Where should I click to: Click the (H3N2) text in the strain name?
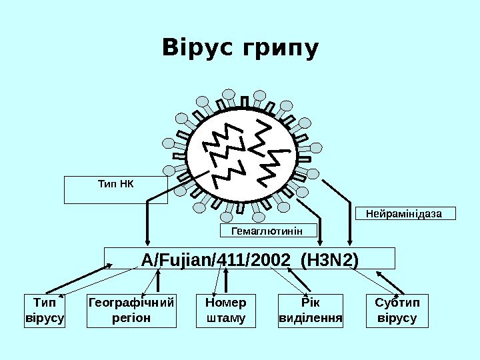tap(329, 258)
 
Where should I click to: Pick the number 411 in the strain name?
tap(231, 258)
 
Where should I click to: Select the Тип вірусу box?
tap(44, 311)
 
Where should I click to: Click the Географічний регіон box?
tap(131, 311)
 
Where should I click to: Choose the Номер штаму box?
tap(222, 311)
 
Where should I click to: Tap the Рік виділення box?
tap(310, 311)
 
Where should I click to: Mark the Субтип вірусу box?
tap(397, 311)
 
